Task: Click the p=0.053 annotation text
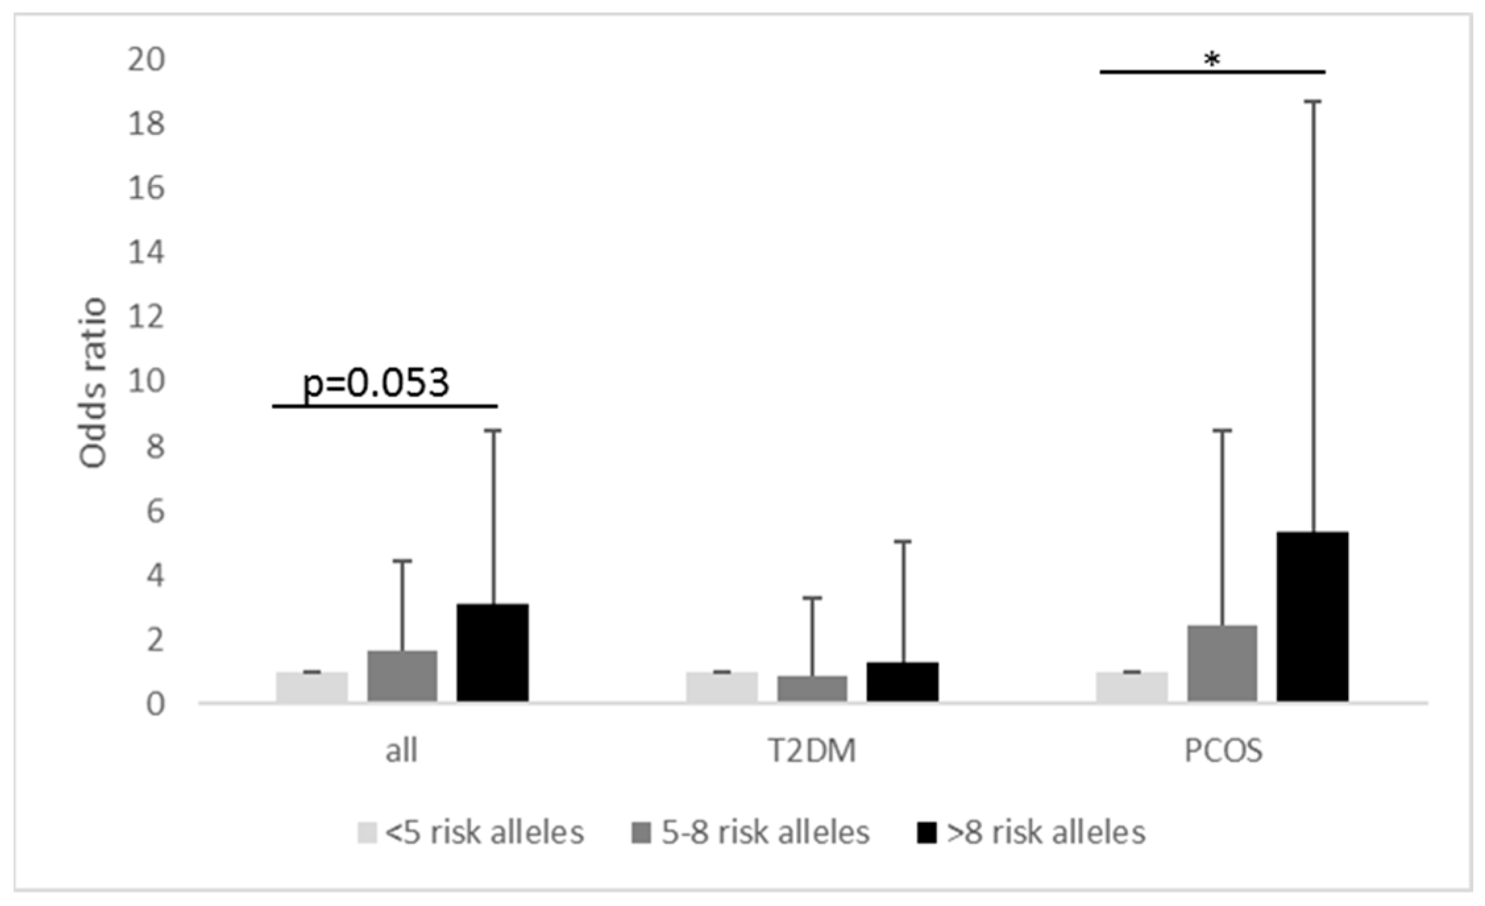click(x=376, y=383)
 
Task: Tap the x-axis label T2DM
click(x=812, y=750)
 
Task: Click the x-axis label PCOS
click(x=1224, y=750)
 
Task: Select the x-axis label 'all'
click(x=401, y=750)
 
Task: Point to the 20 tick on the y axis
click(x=146, y=60)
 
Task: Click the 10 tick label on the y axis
click(x=146, y=381)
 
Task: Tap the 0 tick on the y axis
click(x=155, y=703)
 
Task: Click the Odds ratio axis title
click(x=93, y=383)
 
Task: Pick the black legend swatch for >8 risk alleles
click(x=927, y=833)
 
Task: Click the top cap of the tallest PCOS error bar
click(x=1313, y=101)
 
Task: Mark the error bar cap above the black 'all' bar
click(x=493, y=430)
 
